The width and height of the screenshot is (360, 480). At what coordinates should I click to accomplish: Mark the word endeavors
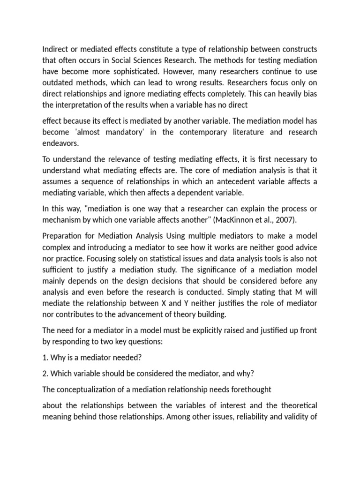point(60,143)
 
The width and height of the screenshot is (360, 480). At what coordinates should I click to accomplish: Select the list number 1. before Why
point(45,357)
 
